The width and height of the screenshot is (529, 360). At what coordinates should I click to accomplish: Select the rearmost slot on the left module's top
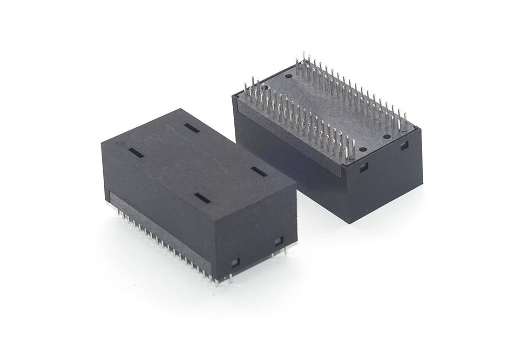(191, 128)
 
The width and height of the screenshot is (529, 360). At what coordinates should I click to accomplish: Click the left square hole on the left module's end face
(235, 262)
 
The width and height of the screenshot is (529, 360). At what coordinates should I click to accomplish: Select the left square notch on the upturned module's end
(364, 168)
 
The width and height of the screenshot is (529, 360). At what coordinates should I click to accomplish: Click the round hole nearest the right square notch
(387, 137)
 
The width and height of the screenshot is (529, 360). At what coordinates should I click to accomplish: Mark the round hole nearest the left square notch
(362, 149)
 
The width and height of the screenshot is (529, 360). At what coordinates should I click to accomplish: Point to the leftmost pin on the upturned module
(247, 86)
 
